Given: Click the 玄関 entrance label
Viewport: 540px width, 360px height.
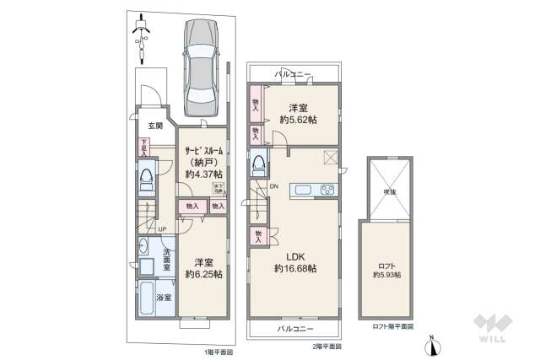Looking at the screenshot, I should coord(145,128).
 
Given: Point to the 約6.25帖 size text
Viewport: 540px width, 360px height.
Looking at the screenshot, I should coord(203,274).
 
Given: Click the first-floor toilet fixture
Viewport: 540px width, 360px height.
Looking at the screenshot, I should coord(146,178).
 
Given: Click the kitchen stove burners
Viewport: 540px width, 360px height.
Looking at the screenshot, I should coord(327,190).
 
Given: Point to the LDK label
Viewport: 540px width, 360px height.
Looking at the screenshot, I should coord(294,255).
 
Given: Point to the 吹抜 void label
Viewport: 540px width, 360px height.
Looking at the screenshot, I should coord(386,191).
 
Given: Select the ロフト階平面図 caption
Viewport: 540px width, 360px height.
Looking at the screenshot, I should coord(392,325).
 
